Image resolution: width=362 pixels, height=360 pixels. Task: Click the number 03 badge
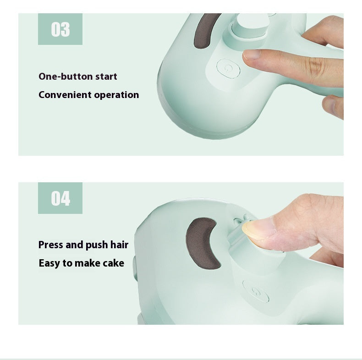(60, 29)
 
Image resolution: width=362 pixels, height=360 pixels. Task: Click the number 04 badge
(60, 199)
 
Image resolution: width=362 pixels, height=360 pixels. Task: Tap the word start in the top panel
(106, 76)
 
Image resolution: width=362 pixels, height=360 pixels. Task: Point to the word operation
(116, 95)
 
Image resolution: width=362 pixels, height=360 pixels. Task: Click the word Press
(50, 245)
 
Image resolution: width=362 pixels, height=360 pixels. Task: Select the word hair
(119, 245)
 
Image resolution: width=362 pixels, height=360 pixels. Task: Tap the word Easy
(49, 263)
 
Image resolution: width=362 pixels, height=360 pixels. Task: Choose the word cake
(113, 263)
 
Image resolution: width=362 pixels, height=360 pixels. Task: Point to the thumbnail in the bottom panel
(253, 228)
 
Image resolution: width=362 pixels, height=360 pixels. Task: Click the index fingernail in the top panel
(252, 55)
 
